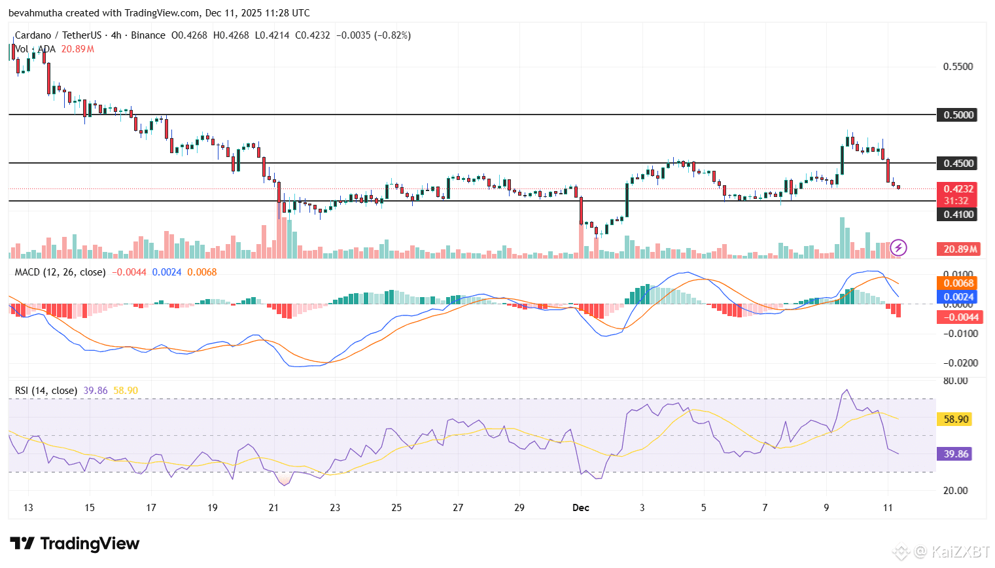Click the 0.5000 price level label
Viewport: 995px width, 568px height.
(x=958, y=115)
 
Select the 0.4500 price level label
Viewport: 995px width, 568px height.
(x=958, y=164)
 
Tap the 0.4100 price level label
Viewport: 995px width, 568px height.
(x=958, y=215)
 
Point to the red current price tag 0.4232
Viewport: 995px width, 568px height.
(x=958, y=189)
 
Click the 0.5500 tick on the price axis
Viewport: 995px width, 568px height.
(x=958, y=67)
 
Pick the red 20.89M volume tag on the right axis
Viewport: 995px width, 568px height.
(x=960, y=249)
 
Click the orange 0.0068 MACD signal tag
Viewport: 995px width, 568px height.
(x=958, y=283)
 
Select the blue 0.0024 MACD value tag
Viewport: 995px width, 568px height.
(x=958, y=297)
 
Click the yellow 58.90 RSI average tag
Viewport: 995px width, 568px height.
(x=956, y=419)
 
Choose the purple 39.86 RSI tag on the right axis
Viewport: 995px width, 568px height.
(x=956, y=454)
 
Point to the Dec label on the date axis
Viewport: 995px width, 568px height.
(x=580, y=508)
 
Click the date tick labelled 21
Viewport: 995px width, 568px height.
(x=273, y=508)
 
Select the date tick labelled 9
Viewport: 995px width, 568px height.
(x=826, y=508)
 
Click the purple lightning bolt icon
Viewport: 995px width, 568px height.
(x=898, y=247)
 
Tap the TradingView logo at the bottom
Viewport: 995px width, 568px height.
(x=75, y=544)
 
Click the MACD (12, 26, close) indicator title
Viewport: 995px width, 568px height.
(x=60, y=272)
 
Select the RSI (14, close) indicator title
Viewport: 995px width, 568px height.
(x=46, y=391)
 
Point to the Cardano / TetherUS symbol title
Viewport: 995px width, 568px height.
(x=58, y=35)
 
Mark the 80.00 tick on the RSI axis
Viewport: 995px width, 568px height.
(x=956, y=381)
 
